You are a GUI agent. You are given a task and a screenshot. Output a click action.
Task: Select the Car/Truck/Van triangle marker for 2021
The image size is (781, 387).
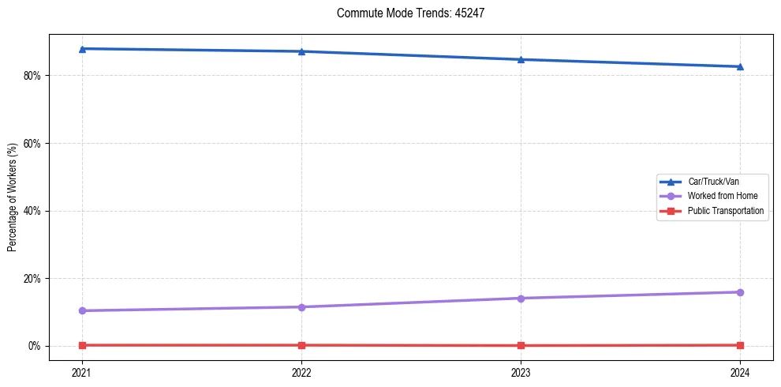point(82,49)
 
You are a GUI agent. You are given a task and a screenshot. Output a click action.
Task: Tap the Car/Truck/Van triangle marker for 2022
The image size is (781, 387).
point(301,51)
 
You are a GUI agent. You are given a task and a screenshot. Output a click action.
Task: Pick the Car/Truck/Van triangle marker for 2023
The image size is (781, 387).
point(521,59)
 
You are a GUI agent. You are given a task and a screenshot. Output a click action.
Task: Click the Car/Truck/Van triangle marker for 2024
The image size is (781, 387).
point(740,66)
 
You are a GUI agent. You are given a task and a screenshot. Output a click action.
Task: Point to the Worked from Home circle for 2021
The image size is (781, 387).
point(82,310)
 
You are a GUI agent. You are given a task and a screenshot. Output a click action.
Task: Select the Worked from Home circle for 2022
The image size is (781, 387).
point(301,307)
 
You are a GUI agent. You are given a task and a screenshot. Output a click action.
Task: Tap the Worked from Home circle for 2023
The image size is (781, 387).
point(521,299)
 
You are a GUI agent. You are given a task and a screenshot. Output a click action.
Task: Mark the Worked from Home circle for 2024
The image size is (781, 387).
point(740,292)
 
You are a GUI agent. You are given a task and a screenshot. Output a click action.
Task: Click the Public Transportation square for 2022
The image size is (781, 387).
point(301,345)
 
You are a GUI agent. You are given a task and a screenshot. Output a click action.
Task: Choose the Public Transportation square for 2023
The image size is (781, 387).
point(521,345)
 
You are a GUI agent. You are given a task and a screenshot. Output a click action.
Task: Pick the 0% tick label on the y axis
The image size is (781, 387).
point(34,346)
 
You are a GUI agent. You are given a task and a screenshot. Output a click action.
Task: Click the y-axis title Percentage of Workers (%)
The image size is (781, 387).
point(13,197)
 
